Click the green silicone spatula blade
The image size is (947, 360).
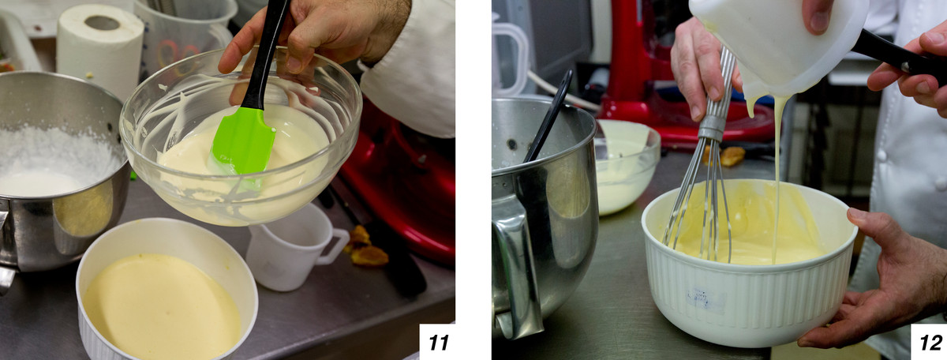243,143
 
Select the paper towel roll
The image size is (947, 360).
99,50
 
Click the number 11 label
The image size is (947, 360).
439,342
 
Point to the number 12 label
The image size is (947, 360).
930,342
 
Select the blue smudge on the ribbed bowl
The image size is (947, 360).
701,299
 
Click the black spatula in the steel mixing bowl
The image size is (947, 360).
548,117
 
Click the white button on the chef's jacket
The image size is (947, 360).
882,155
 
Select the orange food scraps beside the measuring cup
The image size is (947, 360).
366,246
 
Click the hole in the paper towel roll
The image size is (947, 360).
102,23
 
